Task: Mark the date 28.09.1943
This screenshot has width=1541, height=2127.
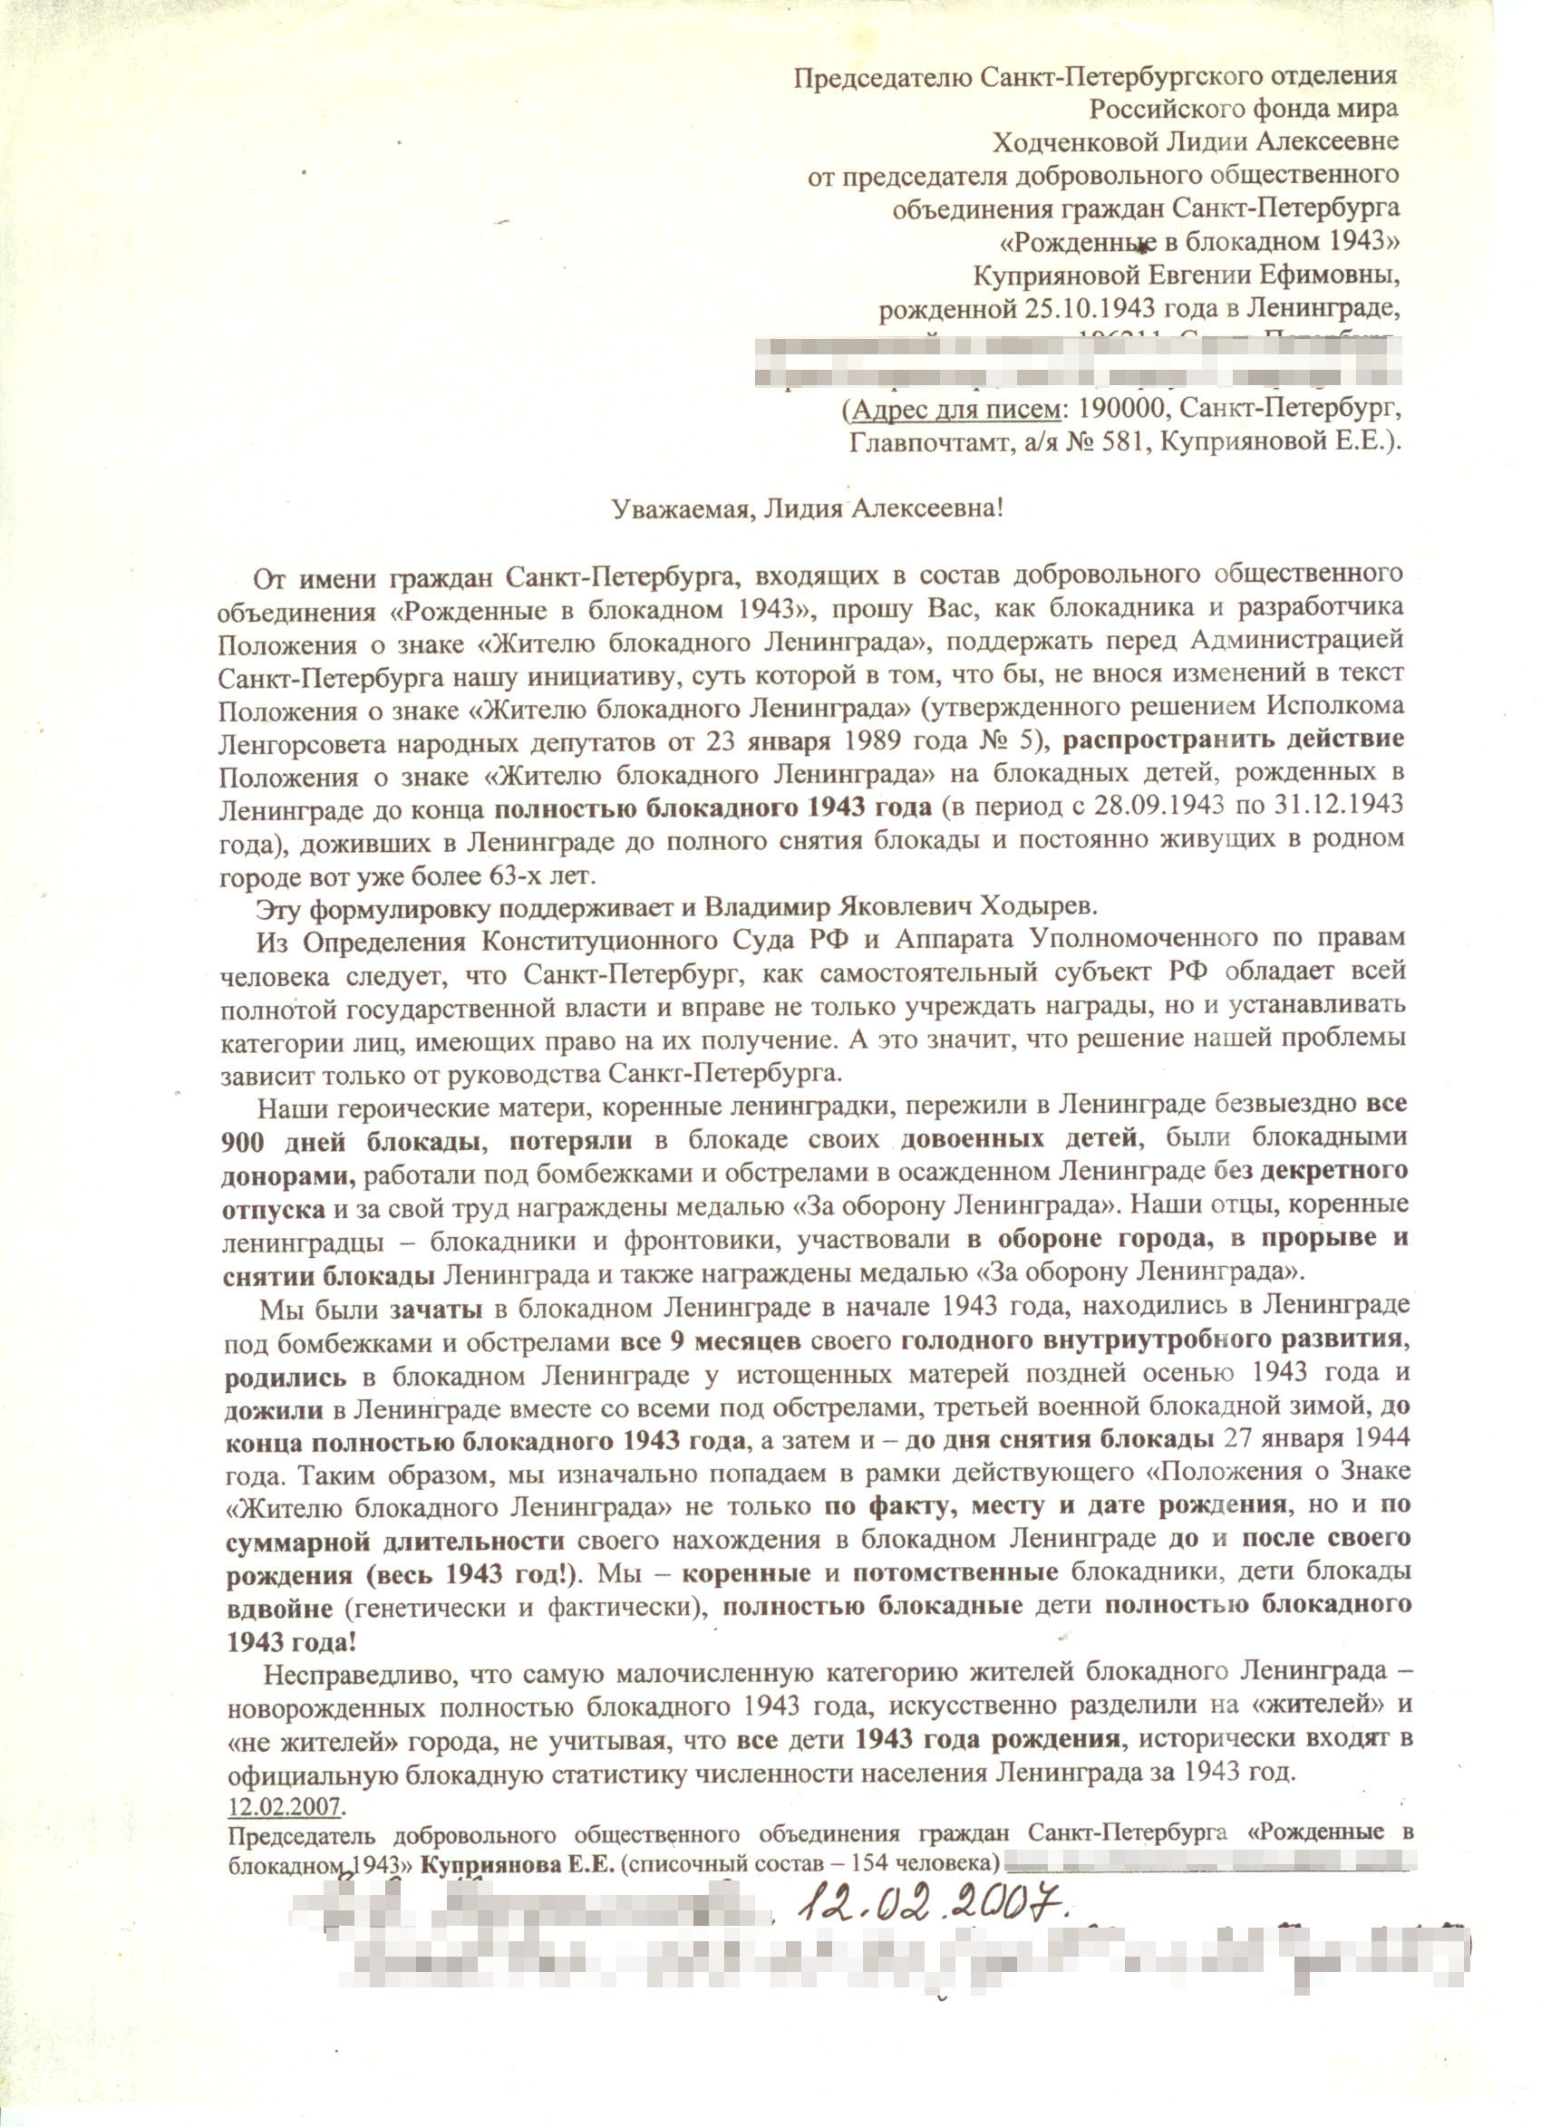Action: [1190, 807]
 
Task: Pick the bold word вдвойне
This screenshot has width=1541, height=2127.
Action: [279, 1608]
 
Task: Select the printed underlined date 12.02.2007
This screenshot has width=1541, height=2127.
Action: [286, 1805]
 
